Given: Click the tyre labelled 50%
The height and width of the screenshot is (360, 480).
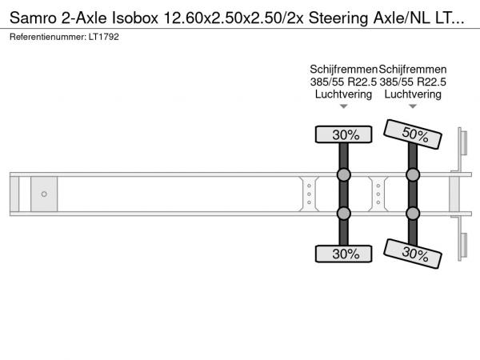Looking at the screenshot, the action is [413, 134].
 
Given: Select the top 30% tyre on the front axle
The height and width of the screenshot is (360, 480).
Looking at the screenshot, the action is [343, 134].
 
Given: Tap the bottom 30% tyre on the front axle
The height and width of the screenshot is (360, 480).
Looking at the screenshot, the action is [343, 254].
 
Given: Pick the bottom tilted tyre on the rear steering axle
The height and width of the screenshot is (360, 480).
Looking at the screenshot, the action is [413, 254].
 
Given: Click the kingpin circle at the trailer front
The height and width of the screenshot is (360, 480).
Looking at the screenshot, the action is [44, 194].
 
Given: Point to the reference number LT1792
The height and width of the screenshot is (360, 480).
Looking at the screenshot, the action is [104, 37].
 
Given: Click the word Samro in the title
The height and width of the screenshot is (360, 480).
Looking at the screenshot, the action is [33, 18].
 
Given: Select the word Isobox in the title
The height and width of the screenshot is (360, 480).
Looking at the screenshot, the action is [135, 18].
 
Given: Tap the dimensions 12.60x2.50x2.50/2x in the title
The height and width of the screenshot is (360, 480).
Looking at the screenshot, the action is [234, 18].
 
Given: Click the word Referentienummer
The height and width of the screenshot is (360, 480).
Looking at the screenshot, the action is [48, 37].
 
